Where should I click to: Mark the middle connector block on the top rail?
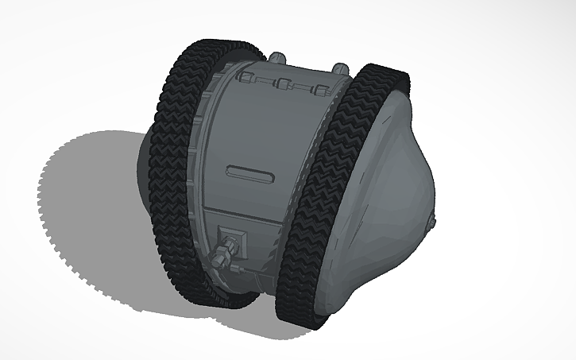[282, 83]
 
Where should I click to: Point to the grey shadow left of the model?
[87, 207]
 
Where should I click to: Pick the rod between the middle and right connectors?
[301, 86]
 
